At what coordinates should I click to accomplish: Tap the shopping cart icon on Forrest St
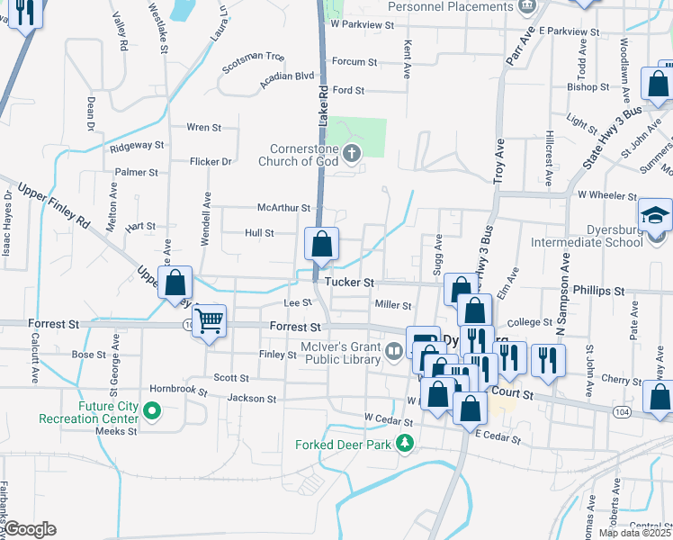[210, 319]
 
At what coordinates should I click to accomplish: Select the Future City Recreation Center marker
[152, 412]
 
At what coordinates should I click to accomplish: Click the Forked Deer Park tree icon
[406, 443]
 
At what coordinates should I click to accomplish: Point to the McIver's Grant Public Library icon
[393, 351]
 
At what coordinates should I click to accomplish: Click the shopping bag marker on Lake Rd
[321, 243]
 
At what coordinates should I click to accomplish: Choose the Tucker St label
[349, 283]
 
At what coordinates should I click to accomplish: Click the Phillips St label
[602, 292]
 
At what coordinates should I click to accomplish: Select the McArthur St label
[283, 208]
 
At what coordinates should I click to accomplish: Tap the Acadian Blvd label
[286, 76]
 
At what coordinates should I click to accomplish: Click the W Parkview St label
[362, 25]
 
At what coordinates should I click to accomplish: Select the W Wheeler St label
[607, 194]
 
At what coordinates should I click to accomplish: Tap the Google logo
[31, 529]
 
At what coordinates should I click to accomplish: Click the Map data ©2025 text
[635, 533]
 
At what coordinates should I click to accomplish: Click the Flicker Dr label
[211, 162]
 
